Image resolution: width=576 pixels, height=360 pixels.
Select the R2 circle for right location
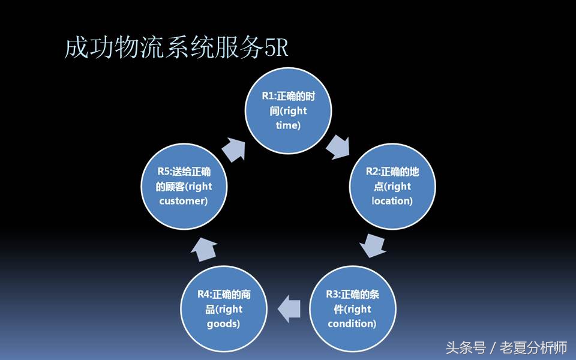392,186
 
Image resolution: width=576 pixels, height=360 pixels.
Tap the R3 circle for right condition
352,309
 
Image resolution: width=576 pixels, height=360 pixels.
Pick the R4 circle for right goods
224,309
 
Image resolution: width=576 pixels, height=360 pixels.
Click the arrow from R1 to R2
339,146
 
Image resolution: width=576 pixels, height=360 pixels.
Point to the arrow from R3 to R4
289,308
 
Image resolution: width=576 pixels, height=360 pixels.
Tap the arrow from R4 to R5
203,248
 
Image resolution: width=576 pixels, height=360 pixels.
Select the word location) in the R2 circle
392,201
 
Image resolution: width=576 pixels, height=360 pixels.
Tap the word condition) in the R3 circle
352,324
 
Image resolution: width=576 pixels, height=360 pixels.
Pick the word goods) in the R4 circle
224,324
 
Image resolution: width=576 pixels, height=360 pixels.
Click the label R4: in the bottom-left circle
205,295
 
